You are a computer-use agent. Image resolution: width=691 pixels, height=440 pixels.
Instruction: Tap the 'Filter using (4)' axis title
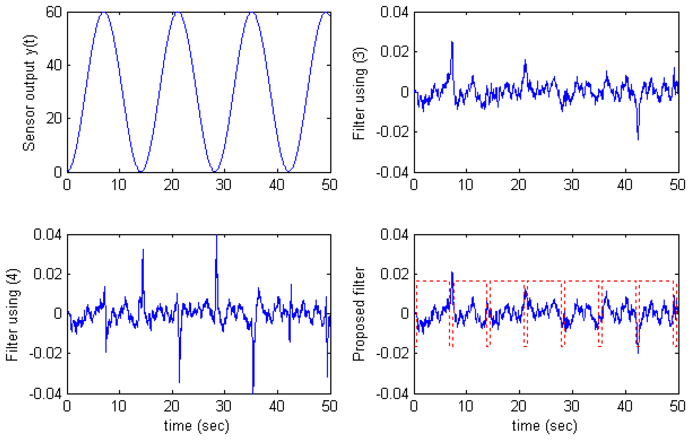coord(12,315)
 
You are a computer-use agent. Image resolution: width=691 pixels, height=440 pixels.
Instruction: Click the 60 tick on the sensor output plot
coord(54,12)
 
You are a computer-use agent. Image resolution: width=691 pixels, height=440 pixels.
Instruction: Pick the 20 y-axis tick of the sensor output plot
coord(54,118)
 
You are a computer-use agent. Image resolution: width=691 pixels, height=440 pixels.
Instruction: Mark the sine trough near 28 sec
coord(214,171)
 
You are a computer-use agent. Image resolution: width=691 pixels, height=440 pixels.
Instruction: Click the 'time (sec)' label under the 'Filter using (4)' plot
coord(197,426)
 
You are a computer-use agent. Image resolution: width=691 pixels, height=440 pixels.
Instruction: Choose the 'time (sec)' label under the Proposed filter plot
coord(544,426)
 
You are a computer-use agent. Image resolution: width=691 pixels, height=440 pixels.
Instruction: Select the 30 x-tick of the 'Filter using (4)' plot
coord(224,406)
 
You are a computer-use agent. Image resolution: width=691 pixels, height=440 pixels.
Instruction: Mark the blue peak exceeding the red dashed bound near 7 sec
coord(452,273)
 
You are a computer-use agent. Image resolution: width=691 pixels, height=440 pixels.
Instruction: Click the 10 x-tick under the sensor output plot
coord(119,185)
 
